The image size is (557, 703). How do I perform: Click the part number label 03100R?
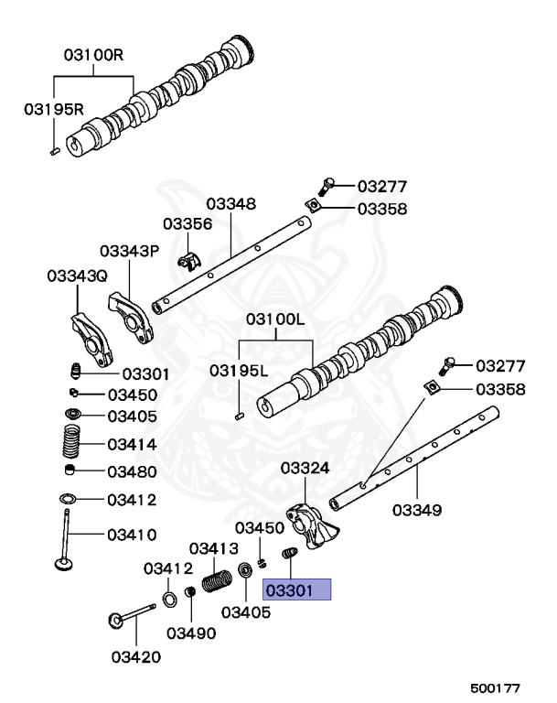(92, 54)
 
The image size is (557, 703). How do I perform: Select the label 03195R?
(54, 109)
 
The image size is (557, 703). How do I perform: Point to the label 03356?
(187, 223)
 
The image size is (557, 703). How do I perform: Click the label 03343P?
(129, 250)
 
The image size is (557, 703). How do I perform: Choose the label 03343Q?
(77, 276)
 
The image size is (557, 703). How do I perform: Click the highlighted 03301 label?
(297, 590)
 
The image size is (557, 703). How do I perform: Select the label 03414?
(132, 445)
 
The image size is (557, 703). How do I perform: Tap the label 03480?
(132, 472)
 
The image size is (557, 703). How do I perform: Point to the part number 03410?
(132, 534)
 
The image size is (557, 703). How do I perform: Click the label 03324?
(305, 468)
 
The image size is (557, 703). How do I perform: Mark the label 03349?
(418, 508)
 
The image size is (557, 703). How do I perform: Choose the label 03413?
(214, 548)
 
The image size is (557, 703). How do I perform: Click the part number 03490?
(190, 633)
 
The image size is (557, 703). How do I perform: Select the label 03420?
(136, 655)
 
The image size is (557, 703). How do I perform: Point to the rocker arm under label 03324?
(309, 528)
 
